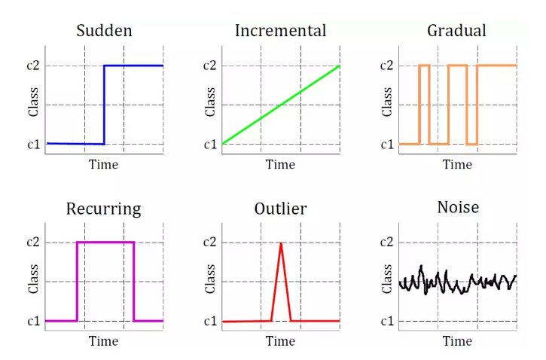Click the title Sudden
pos(105,31)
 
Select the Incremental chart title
pos(281,31)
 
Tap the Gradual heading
pos(456,31)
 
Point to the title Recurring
pos(104,209)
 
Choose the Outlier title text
pos(281,209)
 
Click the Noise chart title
pos(458,208)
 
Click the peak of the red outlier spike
pos(281,243)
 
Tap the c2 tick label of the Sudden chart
pos(33,66)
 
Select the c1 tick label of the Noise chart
pos(387,321)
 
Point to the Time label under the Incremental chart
pos(280,164)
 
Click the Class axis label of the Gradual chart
pos(387,102)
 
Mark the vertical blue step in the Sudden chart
pos(104,105)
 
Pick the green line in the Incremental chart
pos(281,105)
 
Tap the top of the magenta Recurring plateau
pos(105,243)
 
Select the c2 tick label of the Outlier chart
pos(209,242)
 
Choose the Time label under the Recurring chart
pos(103,341)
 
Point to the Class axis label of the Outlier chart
pos(210,279)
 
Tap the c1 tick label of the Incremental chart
pos(210,144)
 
